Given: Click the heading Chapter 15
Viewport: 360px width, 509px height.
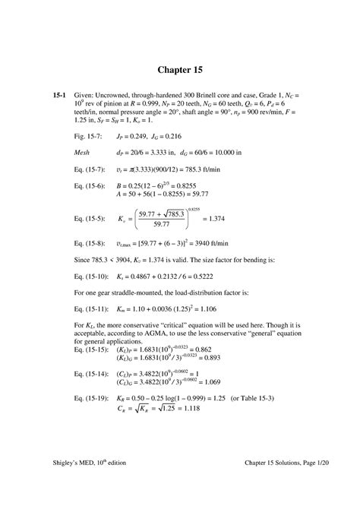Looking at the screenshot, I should (179, 71).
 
